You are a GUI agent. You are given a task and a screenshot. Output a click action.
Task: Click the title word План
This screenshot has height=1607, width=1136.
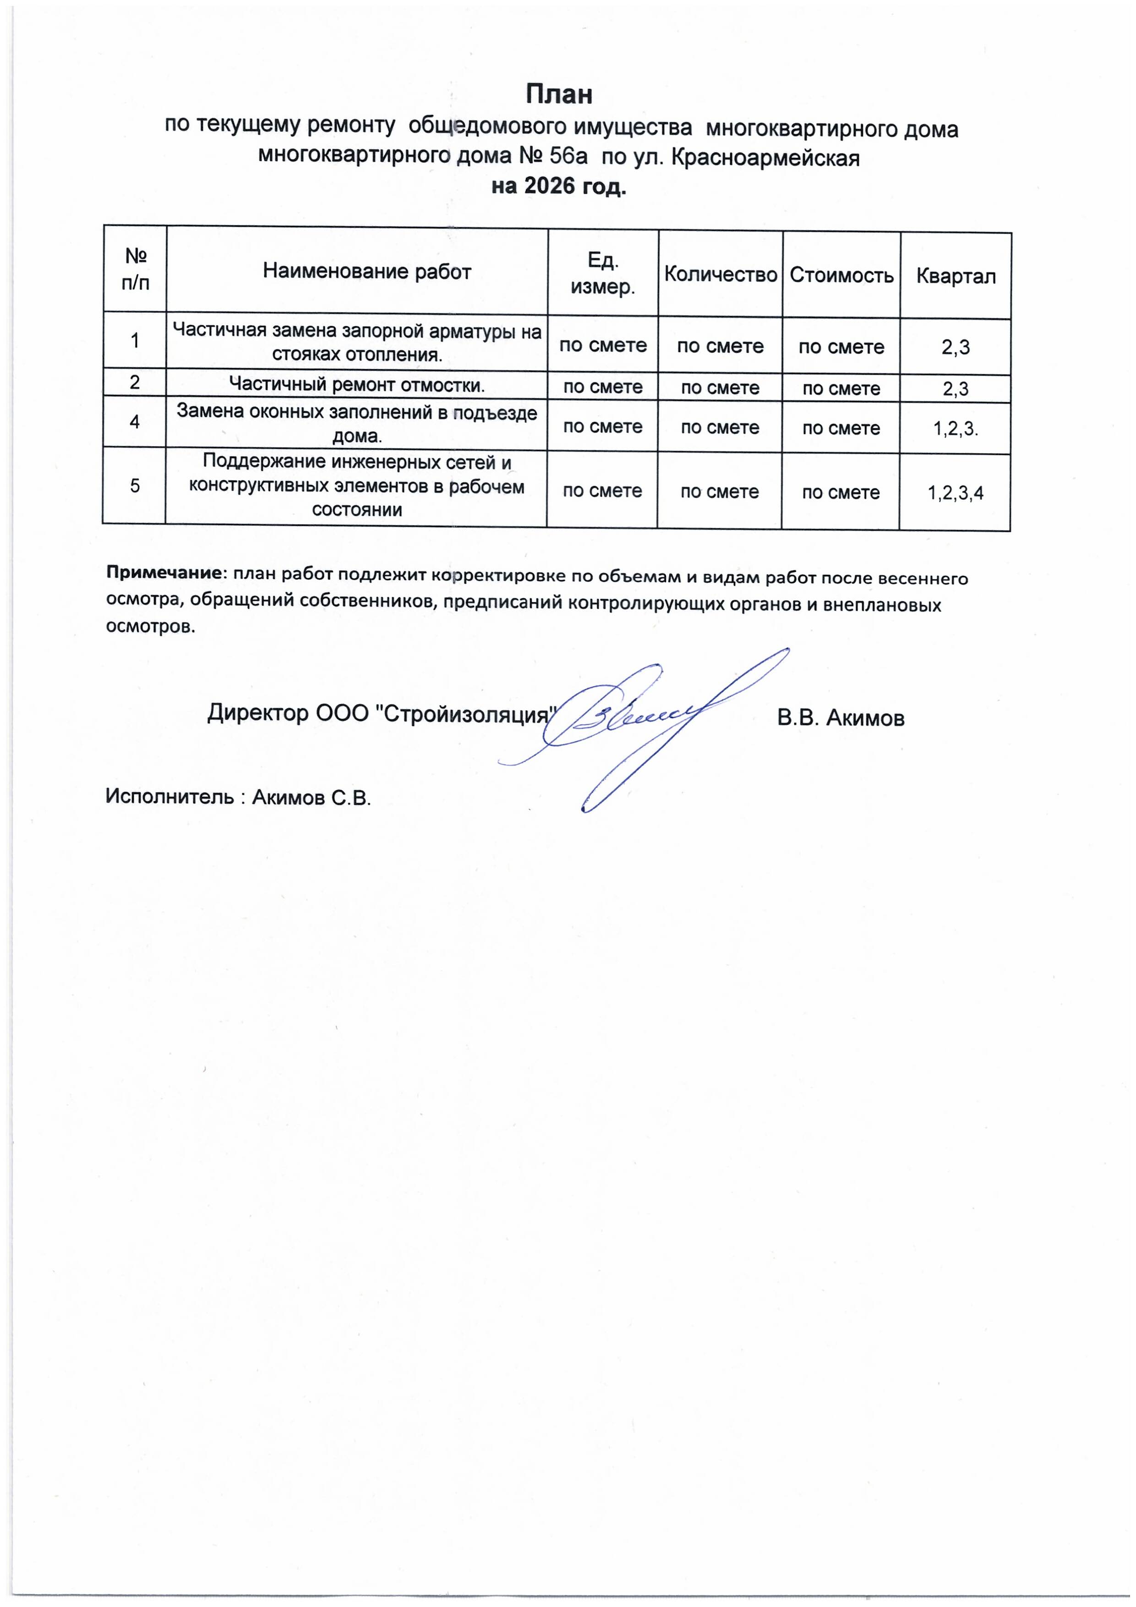point(559,94)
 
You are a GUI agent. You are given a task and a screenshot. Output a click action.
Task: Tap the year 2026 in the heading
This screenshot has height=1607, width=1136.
point(546,187)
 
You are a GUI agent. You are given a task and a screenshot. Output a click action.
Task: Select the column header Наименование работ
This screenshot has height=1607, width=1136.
point(367,272)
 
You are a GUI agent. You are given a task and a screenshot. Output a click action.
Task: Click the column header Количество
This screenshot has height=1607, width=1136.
point(720,274)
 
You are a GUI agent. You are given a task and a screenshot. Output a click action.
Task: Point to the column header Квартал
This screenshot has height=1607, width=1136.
point(956,277)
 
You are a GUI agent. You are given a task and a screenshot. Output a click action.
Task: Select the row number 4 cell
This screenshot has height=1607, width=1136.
point(134,422)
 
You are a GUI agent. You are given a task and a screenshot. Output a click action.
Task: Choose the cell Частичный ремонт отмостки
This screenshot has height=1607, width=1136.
point(357,384)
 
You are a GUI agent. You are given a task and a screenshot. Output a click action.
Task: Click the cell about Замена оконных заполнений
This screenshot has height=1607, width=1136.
point(357,423)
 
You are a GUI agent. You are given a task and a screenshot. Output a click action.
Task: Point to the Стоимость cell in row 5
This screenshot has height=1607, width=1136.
point(841,493)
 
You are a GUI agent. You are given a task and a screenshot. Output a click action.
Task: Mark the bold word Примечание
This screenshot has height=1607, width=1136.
point(163,573)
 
